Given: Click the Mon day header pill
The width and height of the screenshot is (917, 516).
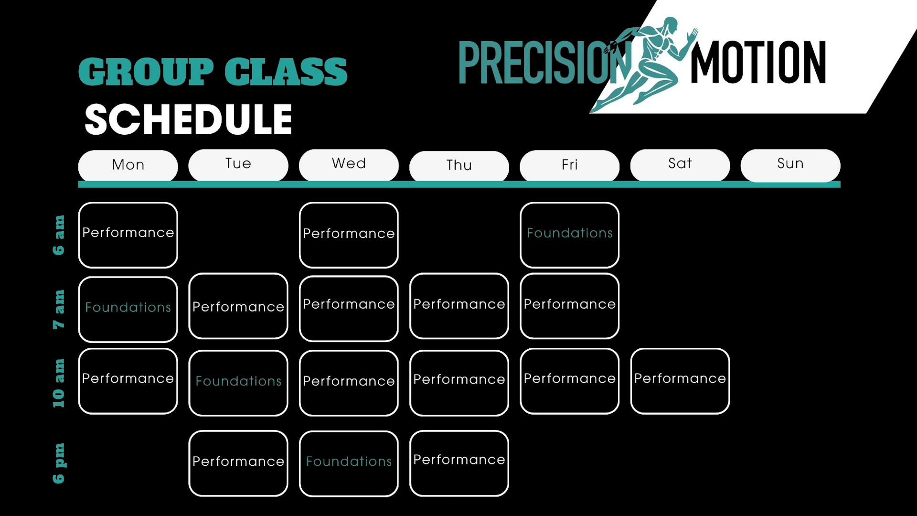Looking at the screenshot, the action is point(128,165).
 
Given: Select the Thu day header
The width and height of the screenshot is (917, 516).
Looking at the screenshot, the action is point(459,166).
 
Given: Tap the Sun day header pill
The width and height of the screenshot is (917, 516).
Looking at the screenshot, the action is point(790,165).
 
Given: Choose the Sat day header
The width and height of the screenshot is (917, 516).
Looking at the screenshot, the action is point(680,165).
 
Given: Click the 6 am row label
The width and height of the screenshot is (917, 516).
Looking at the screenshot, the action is point(59,235).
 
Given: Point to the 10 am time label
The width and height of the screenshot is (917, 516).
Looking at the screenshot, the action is point(59,383).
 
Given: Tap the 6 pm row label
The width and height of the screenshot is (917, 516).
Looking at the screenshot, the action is point(59,463).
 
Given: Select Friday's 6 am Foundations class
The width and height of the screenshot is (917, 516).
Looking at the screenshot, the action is point(570,235).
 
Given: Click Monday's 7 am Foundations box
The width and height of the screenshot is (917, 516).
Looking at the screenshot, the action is point(128,309).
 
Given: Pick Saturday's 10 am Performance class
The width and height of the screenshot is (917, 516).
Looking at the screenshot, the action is point(680,381).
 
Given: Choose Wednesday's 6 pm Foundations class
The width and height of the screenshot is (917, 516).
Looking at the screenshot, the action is point(349,463).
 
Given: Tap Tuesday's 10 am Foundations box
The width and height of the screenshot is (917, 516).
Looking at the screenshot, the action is point(238,383).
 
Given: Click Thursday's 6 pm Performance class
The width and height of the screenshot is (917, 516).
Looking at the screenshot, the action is point(459,463).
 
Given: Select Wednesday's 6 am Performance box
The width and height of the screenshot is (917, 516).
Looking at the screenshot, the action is point(349,235).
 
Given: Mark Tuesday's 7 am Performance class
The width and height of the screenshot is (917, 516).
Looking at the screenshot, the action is point(238,306).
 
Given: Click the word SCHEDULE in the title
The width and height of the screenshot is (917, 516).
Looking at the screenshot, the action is point(188,119).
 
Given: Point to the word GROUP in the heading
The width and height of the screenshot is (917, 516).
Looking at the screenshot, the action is point(146,72).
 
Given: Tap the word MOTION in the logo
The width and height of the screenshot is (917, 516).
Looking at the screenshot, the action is point(758,63).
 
